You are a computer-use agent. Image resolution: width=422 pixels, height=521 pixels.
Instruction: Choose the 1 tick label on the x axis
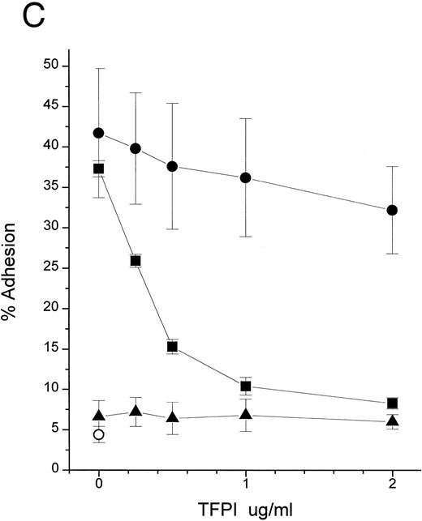click(246, 489)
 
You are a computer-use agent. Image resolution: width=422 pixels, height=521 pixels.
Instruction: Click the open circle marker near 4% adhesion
click(99, 435)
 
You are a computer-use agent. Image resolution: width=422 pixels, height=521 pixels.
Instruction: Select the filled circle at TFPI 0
click(99, 133)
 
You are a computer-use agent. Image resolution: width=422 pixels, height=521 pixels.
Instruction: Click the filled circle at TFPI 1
click(246, 177)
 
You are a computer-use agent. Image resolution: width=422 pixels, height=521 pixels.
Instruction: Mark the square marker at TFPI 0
click(99, 169)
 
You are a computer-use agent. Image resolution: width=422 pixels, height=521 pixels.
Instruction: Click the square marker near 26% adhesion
click(136, 261)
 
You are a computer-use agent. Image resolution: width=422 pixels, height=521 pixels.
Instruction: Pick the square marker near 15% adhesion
click(172, 347)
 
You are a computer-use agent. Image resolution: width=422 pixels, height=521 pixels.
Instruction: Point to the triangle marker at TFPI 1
click(246, 415)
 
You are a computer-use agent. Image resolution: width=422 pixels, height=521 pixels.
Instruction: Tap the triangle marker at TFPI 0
click(99, 416)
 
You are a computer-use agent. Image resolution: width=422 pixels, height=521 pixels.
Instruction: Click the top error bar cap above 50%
click(99, 68)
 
